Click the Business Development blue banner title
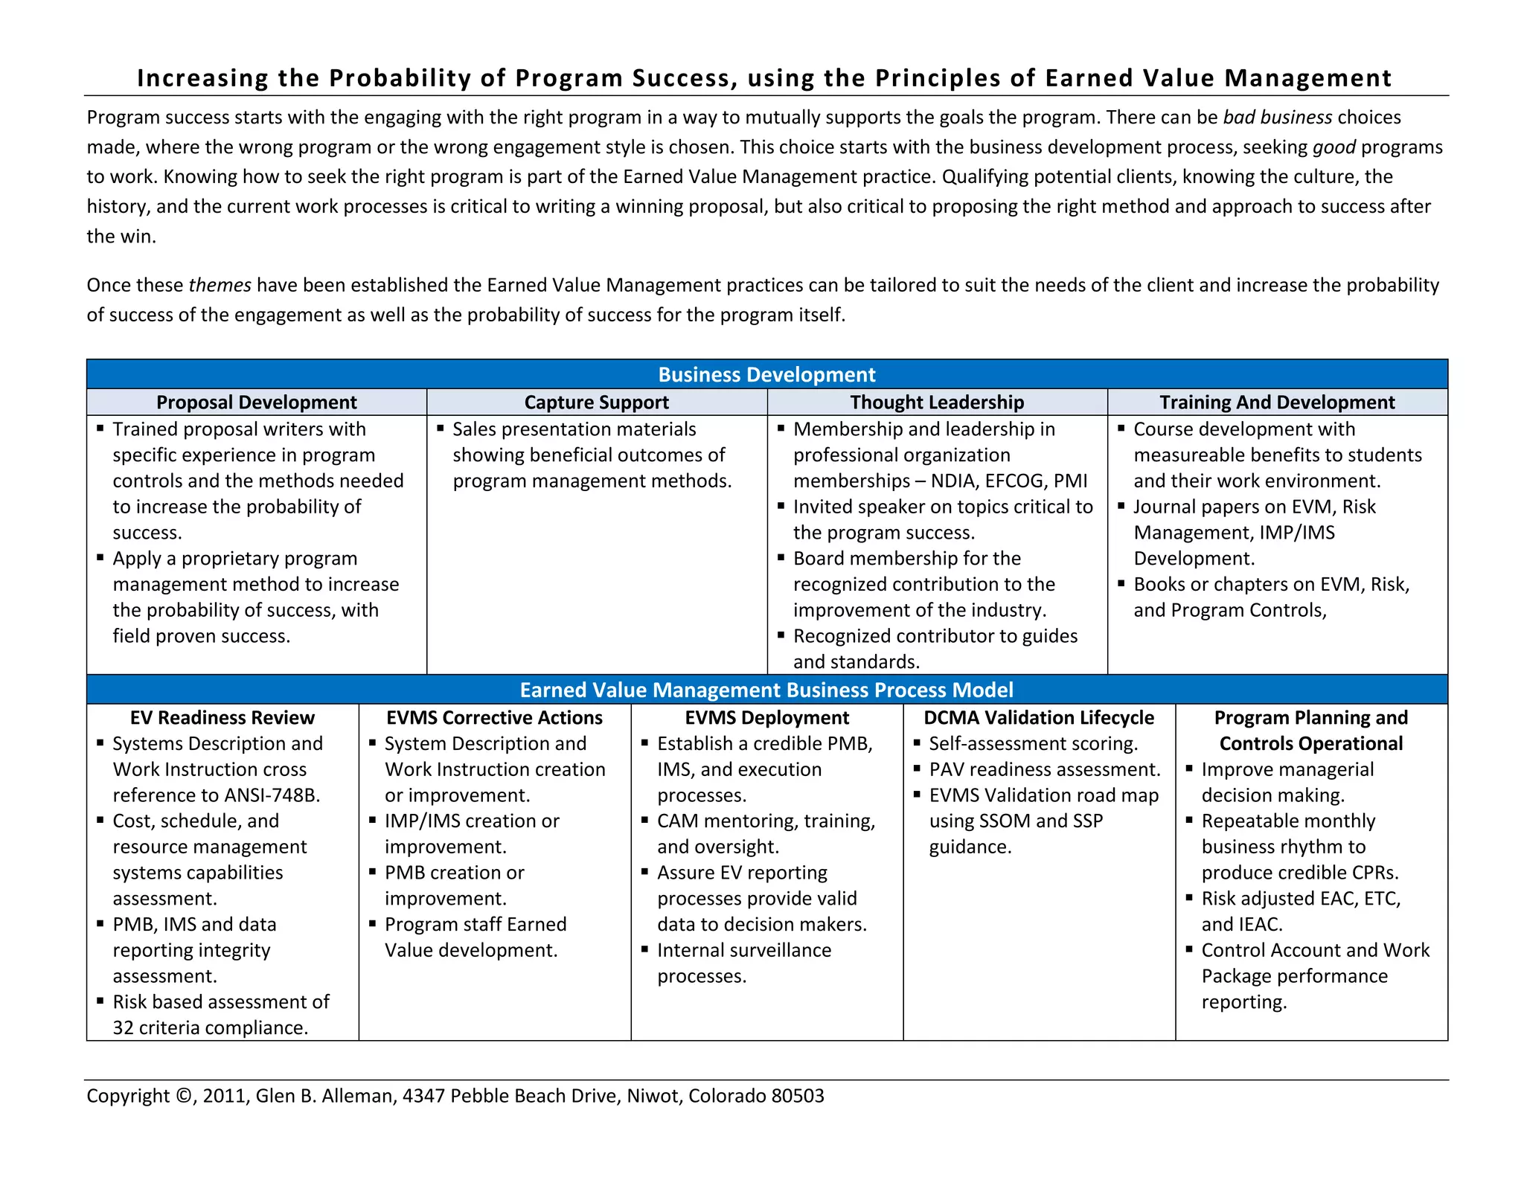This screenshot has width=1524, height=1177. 766,374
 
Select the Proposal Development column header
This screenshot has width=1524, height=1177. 256,403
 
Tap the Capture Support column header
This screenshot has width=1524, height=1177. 596,403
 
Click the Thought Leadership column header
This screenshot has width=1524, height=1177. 937,403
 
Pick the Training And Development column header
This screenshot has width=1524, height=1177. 1277,403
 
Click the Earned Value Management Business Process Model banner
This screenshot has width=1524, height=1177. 766,690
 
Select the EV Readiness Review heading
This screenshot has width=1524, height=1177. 222,718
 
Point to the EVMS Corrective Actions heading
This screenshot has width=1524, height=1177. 494,718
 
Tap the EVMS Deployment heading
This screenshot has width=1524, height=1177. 766,718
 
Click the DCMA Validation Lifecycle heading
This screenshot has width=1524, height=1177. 1039,718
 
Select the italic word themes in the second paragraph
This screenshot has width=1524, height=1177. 220,286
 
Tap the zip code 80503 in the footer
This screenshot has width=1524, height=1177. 798,1096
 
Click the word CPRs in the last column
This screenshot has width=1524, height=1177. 1374,873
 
